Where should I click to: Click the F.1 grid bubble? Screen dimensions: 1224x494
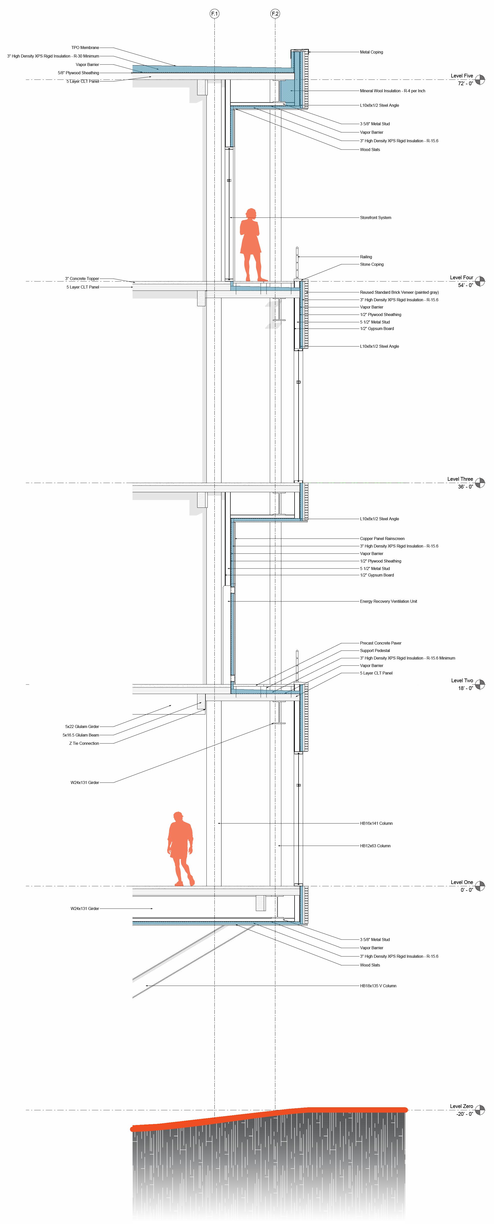(x=214, y=14)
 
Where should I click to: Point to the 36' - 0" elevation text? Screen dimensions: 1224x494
(x=465, y=486)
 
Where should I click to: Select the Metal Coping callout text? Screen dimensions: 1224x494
(x=371, y=52)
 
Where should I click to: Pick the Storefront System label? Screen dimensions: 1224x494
(x=375, y=217)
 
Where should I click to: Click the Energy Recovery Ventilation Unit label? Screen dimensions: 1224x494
(x=388, y=601)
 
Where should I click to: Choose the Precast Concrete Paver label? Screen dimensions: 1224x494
(x=380, y=643)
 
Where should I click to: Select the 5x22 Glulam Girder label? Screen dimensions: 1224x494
(x=82, y=726)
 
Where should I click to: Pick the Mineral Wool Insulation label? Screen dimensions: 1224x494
(x=392, y=91)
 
